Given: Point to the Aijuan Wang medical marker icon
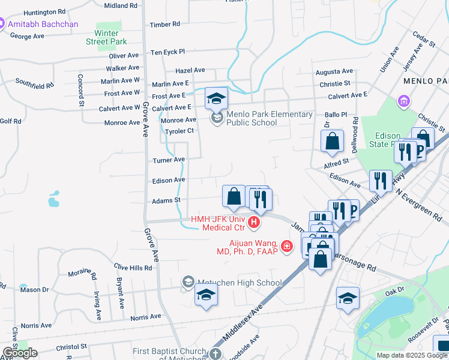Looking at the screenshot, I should coord(287,246).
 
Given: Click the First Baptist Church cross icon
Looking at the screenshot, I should coord(214,353).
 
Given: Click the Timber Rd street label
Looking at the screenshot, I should coord(165,24).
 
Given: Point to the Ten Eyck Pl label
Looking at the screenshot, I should coord(167,52).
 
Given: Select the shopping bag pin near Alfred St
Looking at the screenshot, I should coord(332,142).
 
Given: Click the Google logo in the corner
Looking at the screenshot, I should coord(19,353).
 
